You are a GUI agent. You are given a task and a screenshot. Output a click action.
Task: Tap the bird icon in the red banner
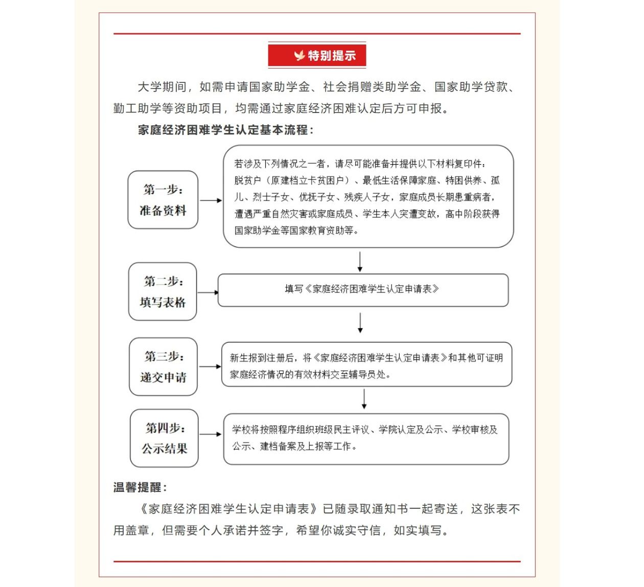point(299,56)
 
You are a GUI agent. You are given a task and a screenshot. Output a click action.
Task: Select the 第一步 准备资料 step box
point(163,200)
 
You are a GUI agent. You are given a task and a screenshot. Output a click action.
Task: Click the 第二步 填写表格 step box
point(163,291)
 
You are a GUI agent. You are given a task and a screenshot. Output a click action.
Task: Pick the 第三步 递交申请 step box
point(163,367)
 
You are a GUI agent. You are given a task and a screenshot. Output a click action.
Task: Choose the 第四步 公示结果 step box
point(164,438)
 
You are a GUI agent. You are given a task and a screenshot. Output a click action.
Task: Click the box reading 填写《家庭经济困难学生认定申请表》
point(363,290)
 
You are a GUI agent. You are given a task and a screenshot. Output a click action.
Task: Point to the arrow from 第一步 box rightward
point(211,200)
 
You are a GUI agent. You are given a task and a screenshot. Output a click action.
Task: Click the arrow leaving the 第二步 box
point(208,292)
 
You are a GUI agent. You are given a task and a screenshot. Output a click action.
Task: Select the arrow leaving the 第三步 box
point(210,367)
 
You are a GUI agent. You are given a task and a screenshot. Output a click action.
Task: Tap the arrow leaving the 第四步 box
point(210,434)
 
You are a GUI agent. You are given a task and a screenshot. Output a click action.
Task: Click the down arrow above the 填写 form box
point(360,261)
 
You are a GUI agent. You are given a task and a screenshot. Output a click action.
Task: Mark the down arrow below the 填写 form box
point(360,323)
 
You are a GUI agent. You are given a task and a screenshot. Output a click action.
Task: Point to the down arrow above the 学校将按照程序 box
point(364,399)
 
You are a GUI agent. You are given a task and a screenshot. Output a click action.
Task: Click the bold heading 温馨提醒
point(140,488)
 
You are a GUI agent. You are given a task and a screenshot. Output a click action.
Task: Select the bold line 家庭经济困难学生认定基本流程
point(225,130)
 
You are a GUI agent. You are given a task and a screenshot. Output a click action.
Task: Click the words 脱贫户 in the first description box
point(247,180)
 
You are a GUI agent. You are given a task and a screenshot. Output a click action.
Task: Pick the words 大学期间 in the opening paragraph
point(162,87)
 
